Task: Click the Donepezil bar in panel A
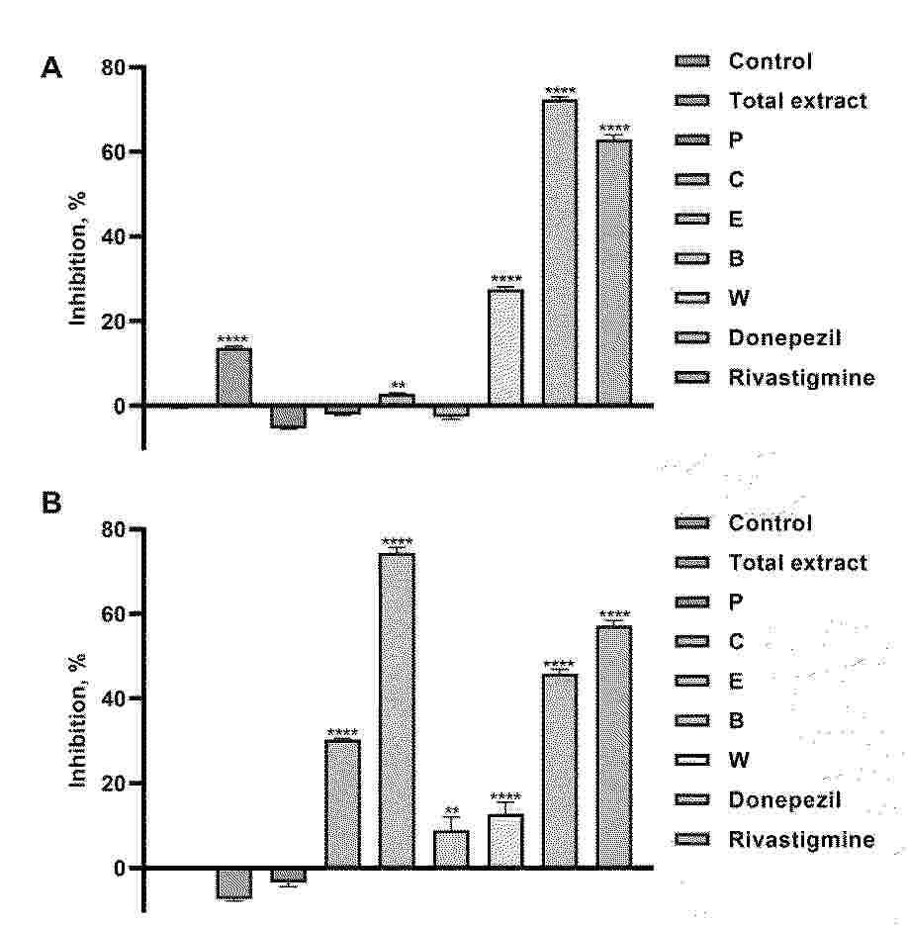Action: pos(560,252)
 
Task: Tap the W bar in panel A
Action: pos(505,347)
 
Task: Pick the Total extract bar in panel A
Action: pos(233,377)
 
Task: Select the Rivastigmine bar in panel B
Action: pos(614,747)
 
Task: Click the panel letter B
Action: pos(51,504)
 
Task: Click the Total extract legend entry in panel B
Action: pos(797,563)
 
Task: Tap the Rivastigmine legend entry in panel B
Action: pos(801,840)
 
